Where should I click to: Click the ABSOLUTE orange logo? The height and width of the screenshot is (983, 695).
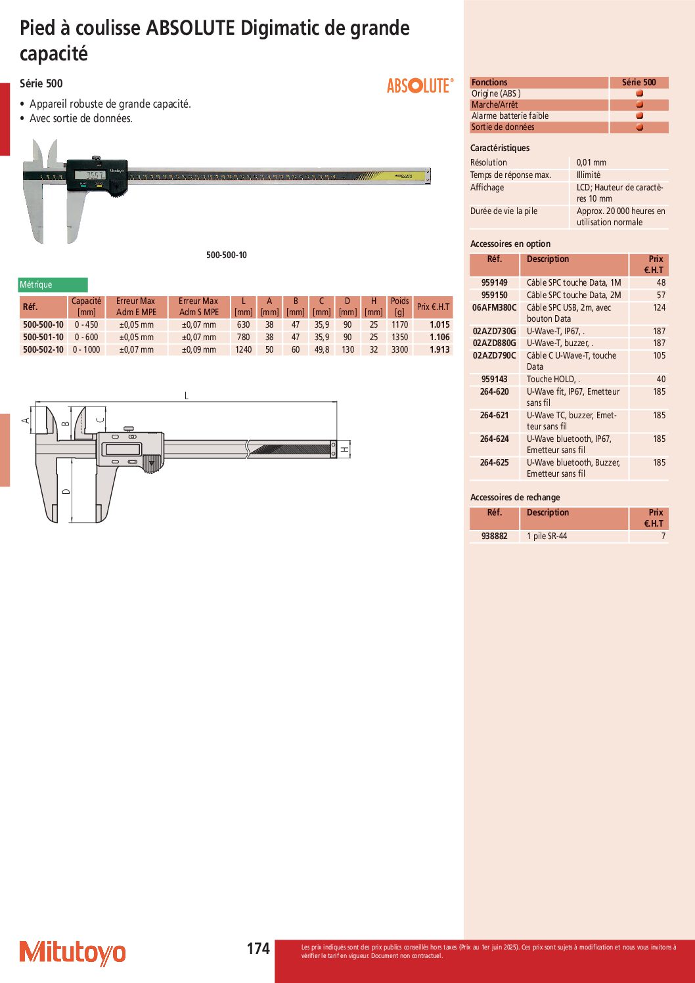click(419, 85)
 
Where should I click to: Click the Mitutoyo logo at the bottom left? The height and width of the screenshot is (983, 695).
click(72, 953)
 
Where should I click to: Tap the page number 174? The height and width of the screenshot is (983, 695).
click(258, 948)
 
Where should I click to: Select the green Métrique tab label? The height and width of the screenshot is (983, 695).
click(53, 285)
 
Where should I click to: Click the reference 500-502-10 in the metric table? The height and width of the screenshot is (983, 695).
click(43, 350)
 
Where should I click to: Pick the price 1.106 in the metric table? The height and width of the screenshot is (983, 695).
click(439, 338)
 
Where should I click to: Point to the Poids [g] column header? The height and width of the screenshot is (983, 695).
click(399, 307)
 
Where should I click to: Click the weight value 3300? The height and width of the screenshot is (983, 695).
click(399, 350)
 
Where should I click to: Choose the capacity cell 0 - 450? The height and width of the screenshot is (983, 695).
click(86, 325)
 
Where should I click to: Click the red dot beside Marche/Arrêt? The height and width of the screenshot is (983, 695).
click(639, 104)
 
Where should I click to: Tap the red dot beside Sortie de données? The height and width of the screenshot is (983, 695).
click(639, 127)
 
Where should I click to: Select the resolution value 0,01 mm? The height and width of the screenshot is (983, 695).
click(591, 163)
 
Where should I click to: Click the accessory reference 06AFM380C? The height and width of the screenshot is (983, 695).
click(495, 308)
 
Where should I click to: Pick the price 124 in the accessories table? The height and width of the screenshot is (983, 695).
click(659, 308)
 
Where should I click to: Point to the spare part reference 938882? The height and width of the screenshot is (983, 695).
click(495, 536)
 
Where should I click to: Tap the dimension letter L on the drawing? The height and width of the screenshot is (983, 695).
click(187, 395)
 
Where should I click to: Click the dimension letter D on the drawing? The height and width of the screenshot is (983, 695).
click(66, 491)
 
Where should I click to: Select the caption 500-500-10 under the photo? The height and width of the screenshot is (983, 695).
click(227, 255)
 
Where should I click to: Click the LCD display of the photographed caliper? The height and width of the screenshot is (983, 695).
click(90, 175)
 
